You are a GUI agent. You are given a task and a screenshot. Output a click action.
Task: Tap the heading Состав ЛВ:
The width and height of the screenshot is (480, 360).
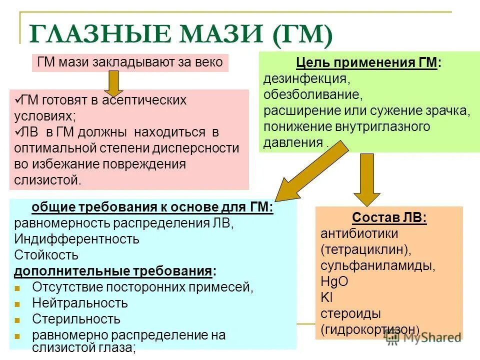(x=389, y=217)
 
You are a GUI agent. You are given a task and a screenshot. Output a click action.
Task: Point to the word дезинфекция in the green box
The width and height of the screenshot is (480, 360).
(x=306, y=79)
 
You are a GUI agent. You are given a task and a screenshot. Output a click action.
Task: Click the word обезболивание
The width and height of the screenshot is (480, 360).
(x=312, y=94)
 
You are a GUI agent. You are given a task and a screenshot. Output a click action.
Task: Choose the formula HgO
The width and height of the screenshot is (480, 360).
(x=334, y=281)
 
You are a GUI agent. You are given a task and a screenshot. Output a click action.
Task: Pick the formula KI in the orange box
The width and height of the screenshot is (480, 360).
(x=326, y=297)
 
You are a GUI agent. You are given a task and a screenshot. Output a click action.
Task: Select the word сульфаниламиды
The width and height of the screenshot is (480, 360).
(x=377, y=265)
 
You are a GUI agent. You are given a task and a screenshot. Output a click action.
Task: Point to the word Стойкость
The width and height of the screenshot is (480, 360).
(x=46, y=255)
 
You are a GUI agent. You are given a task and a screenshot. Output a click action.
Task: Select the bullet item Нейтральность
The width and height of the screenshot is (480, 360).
(x=80, y=303)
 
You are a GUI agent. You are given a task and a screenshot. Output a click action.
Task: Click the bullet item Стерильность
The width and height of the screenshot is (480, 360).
(x=76, y=319)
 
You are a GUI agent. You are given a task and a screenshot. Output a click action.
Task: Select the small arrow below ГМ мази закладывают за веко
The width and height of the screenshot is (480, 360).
(x=113, y=82)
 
